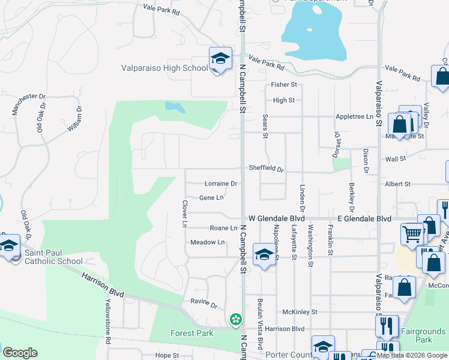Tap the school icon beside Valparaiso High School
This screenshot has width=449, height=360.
coord(220,59)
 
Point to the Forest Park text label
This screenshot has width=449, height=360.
coord(191,334)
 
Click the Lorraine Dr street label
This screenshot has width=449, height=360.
coord(221,184)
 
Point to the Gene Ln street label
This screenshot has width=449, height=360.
coord(211,197)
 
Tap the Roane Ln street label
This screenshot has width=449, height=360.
coord(223,228)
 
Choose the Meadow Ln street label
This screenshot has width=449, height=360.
coord(207,242)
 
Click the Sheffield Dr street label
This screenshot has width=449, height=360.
coord(266,169)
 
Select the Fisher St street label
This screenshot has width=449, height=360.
coord(284,85)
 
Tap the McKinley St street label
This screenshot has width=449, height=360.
coord(300,312)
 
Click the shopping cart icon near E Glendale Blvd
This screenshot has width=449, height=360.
coord(411,233)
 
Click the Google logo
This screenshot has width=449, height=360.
coord(20,353)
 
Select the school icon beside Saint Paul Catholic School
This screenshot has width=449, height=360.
coord(9,247)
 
